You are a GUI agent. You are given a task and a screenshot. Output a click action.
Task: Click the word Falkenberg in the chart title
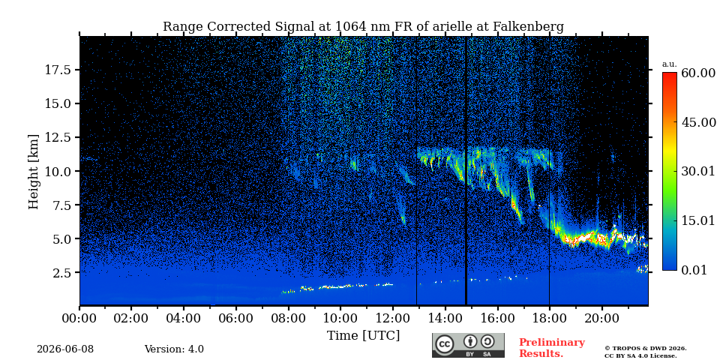pyautogui.click(x=528, y=27)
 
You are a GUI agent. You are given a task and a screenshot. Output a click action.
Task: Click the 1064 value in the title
pyautogui.click(x=351, y=27)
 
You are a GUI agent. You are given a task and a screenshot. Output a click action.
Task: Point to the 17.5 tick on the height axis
pyautogui.click(x=58, y=70)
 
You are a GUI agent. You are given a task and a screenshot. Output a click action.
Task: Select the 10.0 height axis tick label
pyautogui.click(x=58, y=171)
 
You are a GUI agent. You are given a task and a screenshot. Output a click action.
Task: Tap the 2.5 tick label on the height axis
pyautogui.click(x=61, y=273)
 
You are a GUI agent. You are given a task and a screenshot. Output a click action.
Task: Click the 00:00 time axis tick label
pyautogui.click(x=79, y=317)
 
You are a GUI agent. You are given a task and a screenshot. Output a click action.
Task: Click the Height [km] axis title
pyautogui.click(x=34, y=172)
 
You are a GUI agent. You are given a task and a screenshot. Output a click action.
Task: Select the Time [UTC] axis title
pyautogui.click(x=363, y=336)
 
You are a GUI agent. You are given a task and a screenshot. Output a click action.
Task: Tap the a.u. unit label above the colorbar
pyautogui.click(x=669, y=64)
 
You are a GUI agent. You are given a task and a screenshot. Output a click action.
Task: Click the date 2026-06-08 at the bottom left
pyautogui.click(x=65, y=349)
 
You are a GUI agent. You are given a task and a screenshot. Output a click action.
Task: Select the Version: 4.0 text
pyautogui.click(x=174, y=349)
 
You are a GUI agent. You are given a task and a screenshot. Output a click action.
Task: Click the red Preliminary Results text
pyautogui.click(x=552, y=348)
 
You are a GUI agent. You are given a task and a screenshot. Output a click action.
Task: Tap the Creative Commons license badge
pyautogui.click(x=468, y=345)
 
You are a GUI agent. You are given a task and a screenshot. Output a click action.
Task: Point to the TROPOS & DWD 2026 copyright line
pyautogui.click(x=646, y=349)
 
